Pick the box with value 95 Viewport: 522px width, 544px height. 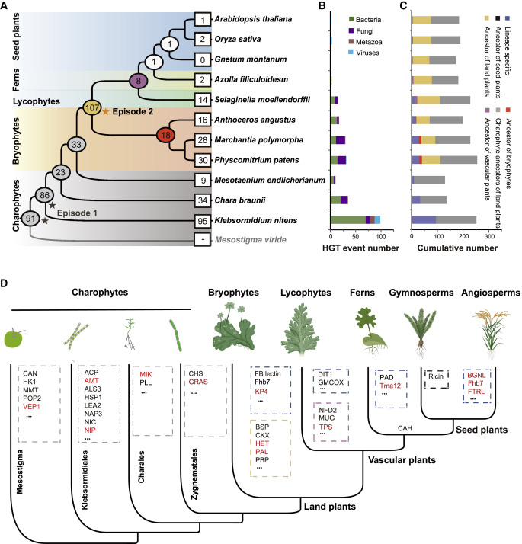click(x=203, y=219)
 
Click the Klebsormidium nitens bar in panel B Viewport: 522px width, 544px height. click(x=354, y=219)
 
